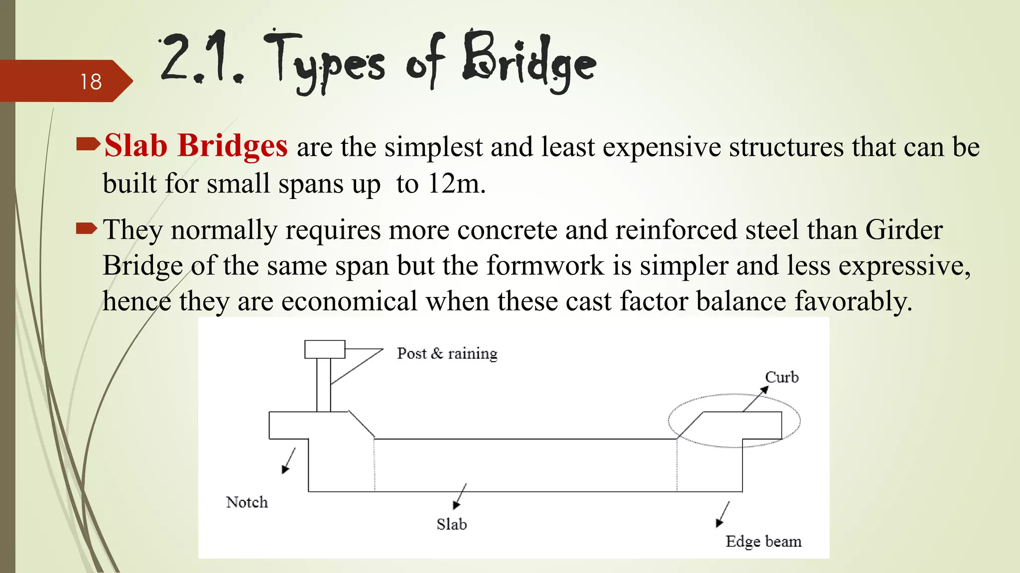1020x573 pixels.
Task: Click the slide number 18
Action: [91, 82]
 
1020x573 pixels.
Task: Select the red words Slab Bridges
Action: [196, 146]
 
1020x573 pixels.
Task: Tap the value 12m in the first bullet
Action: [456, 184]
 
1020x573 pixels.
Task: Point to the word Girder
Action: [903, 230]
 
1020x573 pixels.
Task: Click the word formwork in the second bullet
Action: [545, 265]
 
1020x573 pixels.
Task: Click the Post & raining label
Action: [447, 354]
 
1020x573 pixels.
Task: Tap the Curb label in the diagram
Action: [781, 377]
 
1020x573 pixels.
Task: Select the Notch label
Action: [247, 502]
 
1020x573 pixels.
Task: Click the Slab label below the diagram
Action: [452, 524]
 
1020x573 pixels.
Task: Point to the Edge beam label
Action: [763, 541]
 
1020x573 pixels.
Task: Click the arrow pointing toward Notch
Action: [288, 461]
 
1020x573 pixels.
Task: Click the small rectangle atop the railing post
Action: [325, 349]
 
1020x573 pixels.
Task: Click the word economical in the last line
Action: [349, 301]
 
